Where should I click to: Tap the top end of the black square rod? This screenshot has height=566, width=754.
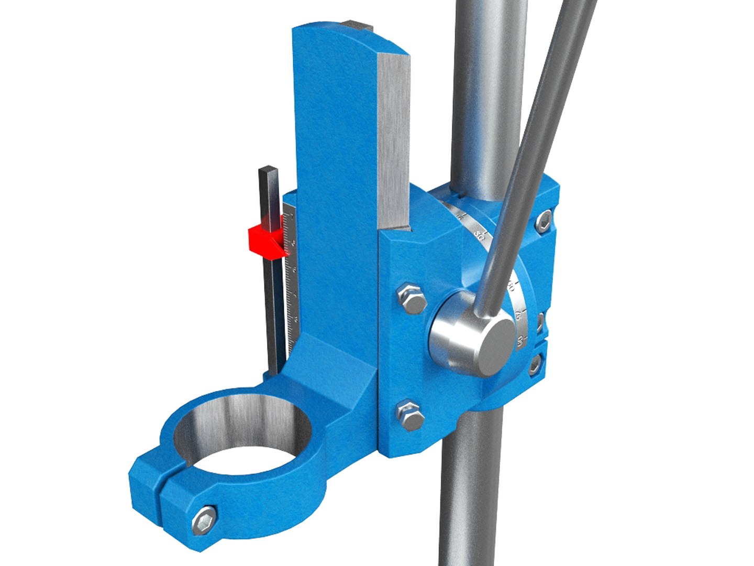[269, 171]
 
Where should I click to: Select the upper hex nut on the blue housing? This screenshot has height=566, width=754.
[412, 298]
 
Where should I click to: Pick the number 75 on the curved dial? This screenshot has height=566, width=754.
[517, 316]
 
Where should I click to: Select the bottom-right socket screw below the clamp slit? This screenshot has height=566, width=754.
[535, 364]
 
